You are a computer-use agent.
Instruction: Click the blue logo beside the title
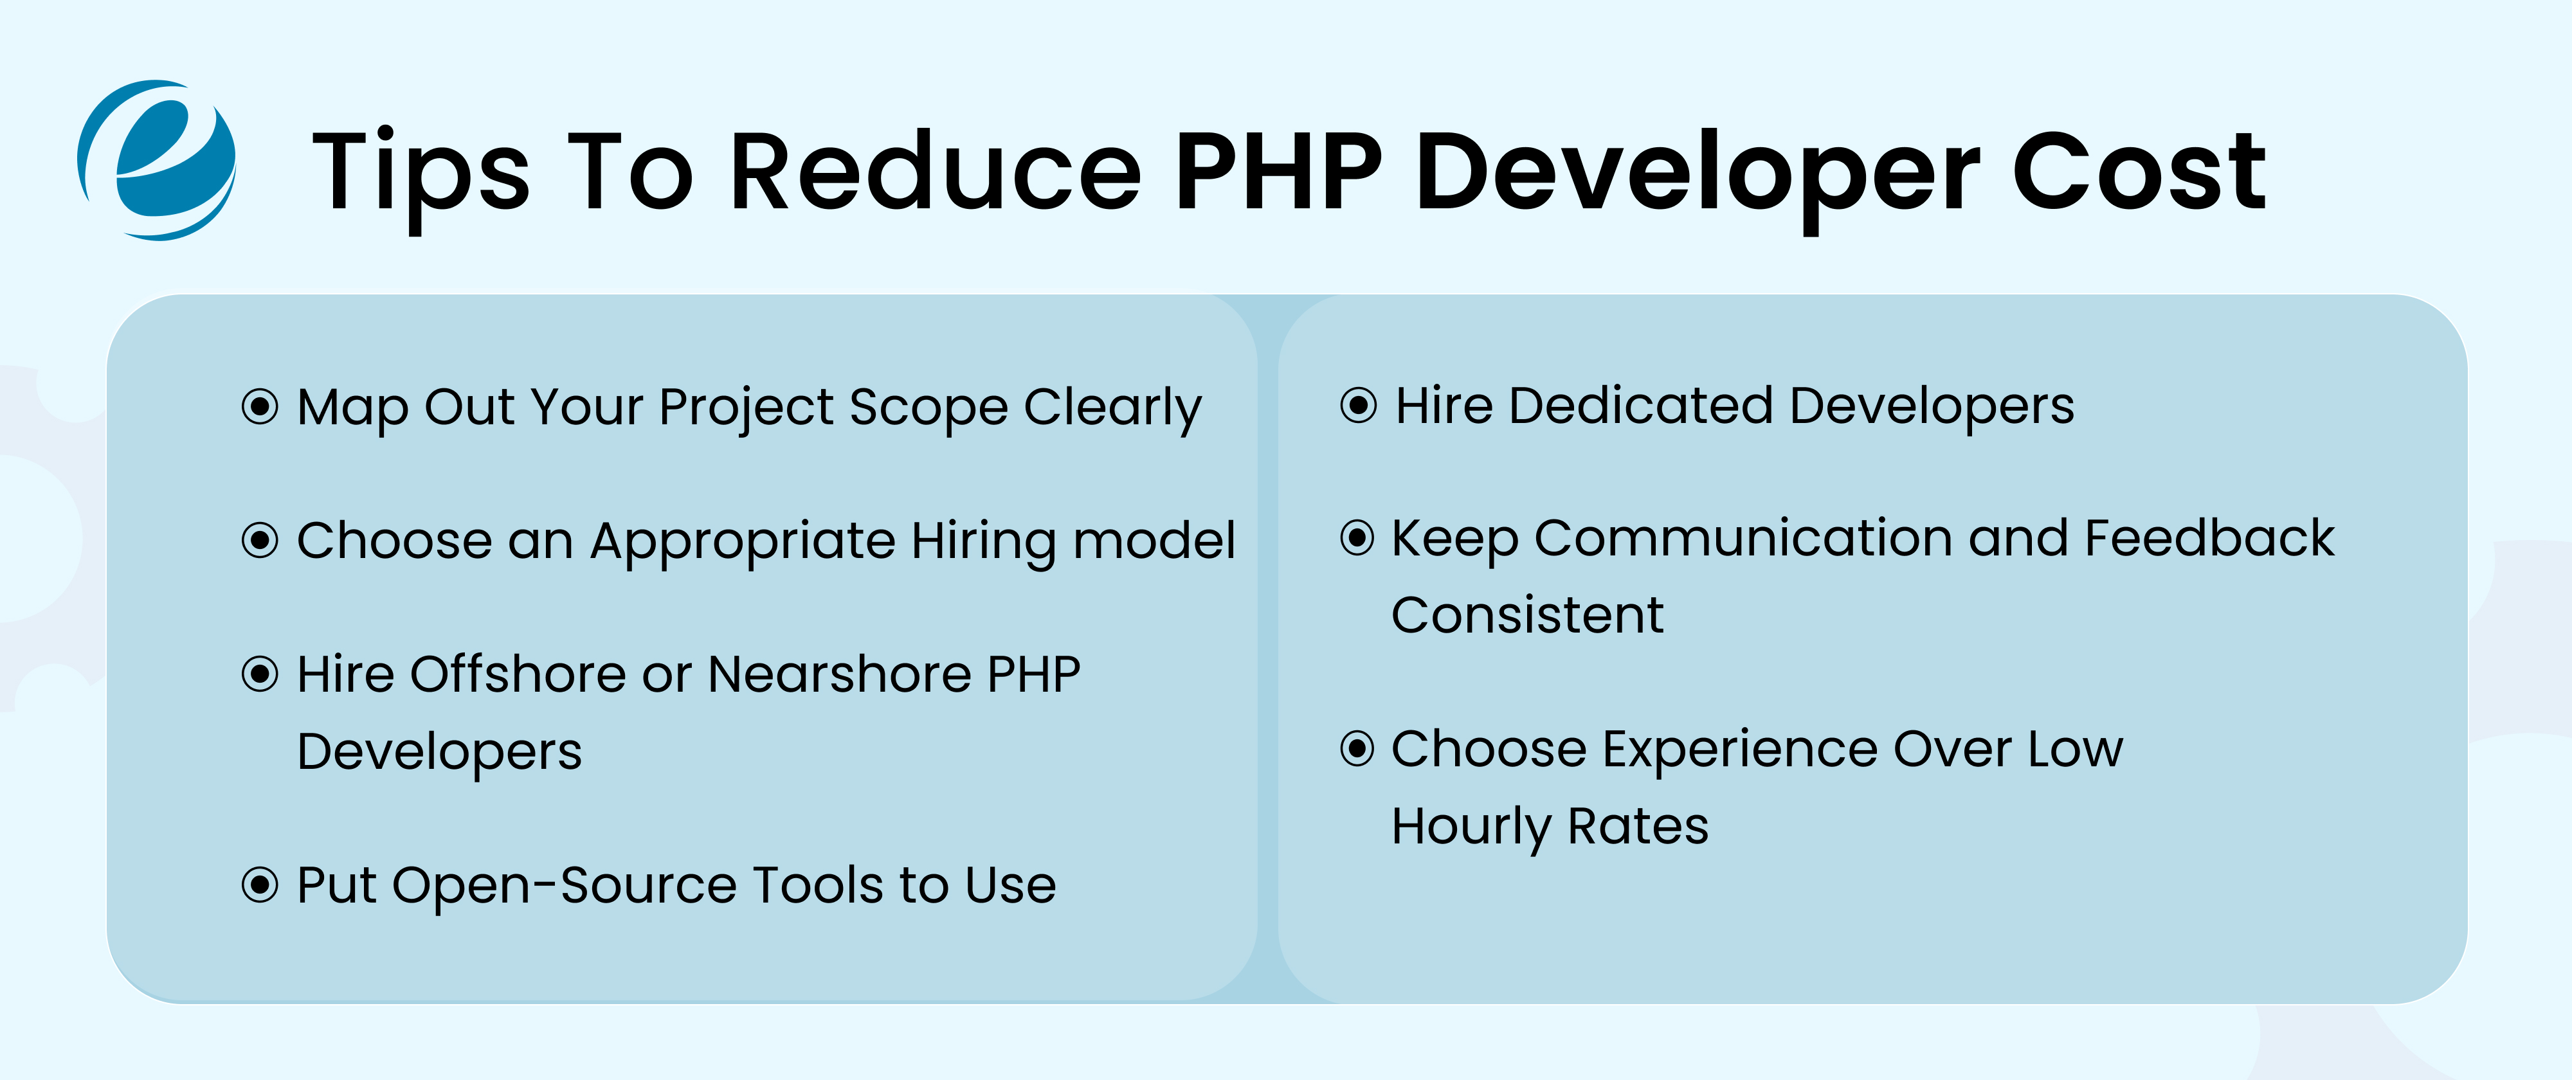pos(158,159)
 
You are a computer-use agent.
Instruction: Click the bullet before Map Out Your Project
pos(260,406)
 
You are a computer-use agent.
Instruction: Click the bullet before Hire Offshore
pos(260,675)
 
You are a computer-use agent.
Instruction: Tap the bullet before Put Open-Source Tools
pos(260,885)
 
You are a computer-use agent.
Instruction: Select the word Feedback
pos(2209,539)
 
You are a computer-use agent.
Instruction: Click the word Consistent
pos(1528,615)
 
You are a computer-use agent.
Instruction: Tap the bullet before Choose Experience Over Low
pos(1358,749)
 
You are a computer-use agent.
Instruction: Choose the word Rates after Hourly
pos(1638,827)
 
